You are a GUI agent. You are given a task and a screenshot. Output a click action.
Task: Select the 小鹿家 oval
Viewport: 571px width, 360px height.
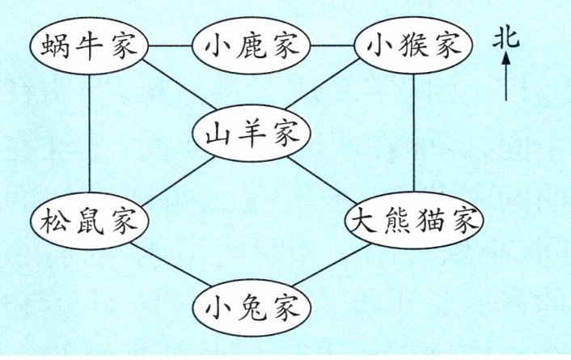(x=250, y=45)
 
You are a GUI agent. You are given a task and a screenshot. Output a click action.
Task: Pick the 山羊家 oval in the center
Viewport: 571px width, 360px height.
(x=250, y=132)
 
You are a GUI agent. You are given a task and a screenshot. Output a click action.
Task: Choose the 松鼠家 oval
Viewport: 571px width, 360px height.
(x=88, y=220)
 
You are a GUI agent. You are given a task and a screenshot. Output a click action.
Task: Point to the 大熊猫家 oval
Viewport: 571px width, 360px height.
(x=415, y=220)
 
